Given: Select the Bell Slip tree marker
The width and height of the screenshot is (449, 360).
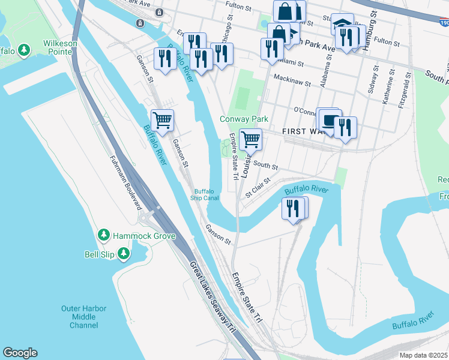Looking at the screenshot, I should (124, 254).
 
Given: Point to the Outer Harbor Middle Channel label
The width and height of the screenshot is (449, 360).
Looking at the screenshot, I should (83, 317).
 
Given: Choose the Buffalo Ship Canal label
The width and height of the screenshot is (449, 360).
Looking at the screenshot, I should (206, 195).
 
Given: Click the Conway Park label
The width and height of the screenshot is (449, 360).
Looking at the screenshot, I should (243, 119).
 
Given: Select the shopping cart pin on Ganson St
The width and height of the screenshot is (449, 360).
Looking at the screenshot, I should (162, 120).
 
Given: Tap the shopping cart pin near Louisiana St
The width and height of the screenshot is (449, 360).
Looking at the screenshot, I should (251, 139).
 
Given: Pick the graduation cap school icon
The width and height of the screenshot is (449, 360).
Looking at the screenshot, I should (342, 24).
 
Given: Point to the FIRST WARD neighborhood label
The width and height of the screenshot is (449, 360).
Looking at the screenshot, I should (298, 131).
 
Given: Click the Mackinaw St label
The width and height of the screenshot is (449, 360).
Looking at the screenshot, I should (292, 77).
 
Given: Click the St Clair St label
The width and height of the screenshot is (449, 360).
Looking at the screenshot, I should (259, 186).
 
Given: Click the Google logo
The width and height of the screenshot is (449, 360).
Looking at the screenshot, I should (20, 353).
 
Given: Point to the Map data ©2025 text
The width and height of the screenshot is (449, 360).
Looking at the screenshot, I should (423, 355).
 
